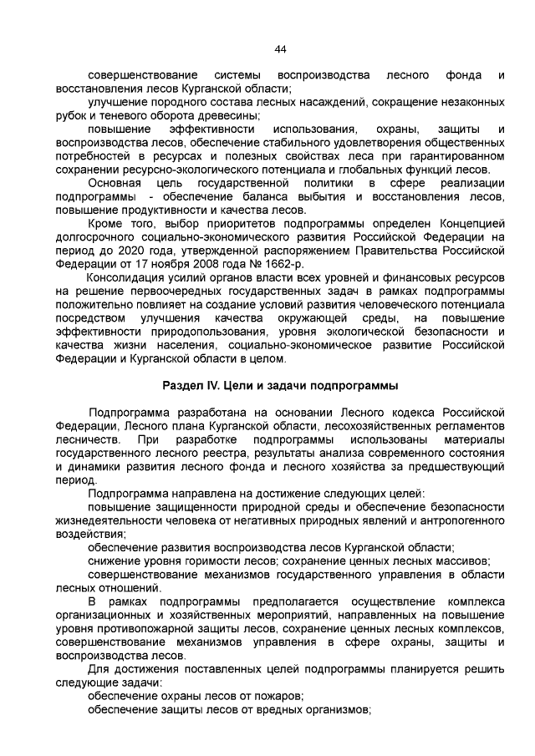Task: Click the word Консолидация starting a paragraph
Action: (125, 277)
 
